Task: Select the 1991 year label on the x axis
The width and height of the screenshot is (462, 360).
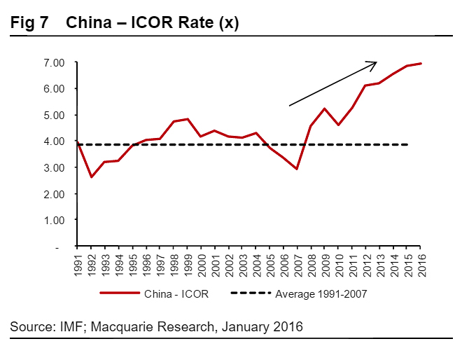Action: [x=78, y=264]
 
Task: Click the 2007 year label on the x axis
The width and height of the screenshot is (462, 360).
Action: [x=297, y=264]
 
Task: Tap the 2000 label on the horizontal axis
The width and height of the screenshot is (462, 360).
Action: [x=201, y=264]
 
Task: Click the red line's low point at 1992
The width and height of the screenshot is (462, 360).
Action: [x=91, y=176]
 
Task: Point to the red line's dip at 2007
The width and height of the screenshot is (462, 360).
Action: [x=297, y=169]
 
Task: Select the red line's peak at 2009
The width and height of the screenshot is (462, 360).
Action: [x=324, y=109]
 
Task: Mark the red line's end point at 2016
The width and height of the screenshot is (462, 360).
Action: [x=420, y=64]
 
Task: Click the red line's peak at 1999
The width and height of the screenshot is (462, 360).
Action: [x=187, y=119]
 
